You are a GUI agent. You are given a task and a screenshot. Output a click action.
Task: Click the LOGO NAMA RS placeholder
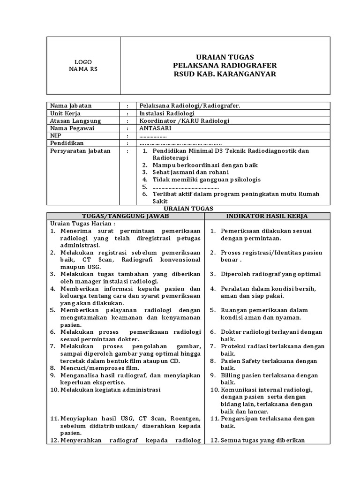83,66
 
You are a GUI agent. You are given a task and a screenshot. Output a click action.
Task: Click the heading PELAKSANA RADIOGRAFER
225,65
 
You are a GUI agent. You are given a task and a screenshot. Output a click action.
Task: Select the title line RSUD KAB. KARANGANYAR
225,74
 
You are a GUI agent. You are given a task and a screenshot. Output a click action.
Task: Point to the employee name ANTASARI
155,128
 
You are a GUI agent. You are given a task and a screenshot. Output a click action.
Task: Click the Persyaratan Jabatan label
80,150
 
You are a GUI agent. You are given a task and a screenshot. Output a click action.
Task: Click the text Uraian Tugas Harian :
82,224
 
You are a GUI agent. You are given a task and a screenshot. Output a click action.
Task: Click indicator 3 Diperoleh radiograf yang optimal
270,274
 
